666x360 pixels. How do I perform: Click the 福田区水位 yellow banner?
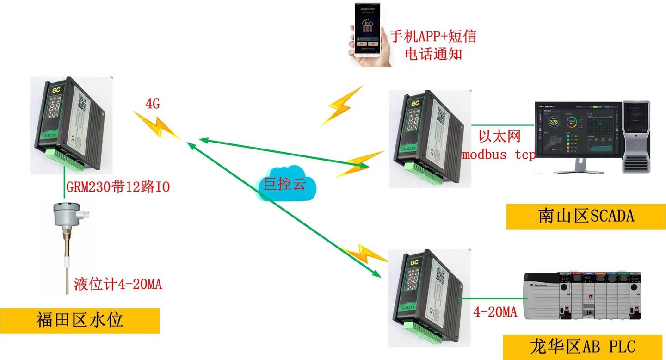coord(80,320)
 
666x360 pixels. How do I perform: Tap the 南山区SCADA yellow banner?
coord(586,216)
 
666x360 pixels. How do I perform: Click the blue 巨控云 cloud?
coord(285,184)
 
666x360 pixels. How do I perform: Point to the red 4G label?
coord(153,104)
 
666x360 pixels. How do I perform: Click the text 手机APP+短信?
coord(433,36)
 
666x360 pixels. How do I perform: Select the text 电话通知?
coord(433,54)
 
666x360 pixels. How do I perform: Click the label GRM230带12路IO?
coord(118,187)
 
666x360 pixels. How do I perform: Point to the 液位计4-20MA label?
coord(118,284)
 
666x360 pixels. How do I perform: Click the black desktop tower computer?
coord(636,136)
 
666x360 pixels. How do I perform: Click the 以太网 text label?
coord(499,136)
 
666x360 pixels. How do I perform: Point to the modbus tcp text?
coord(499,154)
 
